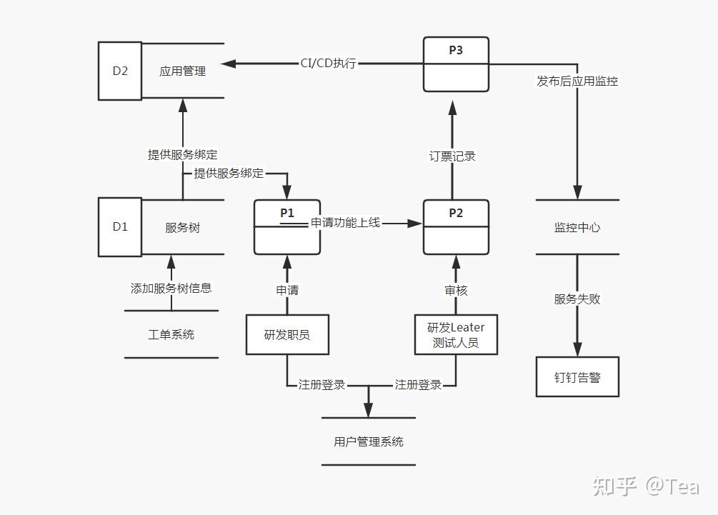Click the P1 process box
pos(286,227)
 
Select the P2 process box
pos(456,227)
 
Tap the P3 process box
pos(456,64)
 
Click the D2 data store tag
pos(120,70)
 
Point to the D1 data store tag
pos(120,227)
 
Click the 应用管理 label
pos(183,71)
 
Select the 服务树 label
pos(182,228)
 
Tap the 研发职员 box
pos(287,334)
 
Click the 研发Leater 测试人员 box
pos(456,334)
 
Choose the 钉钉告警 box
pos(577,376)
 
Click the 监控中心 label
pos(577,228)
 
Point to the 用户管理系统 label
pos(369,441)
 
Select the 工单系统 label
pos(171,334)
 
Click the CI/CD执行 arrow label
pos(328,64)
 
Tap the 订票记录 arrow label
pos(452,156)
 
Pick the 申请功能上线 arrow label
pos(345,223)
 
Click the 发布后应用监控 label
pos(577,81)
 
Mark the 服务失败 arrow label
pos(577,299)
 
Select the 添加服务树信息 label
pos(171,289)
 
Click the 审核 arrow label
pos(456,290)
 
